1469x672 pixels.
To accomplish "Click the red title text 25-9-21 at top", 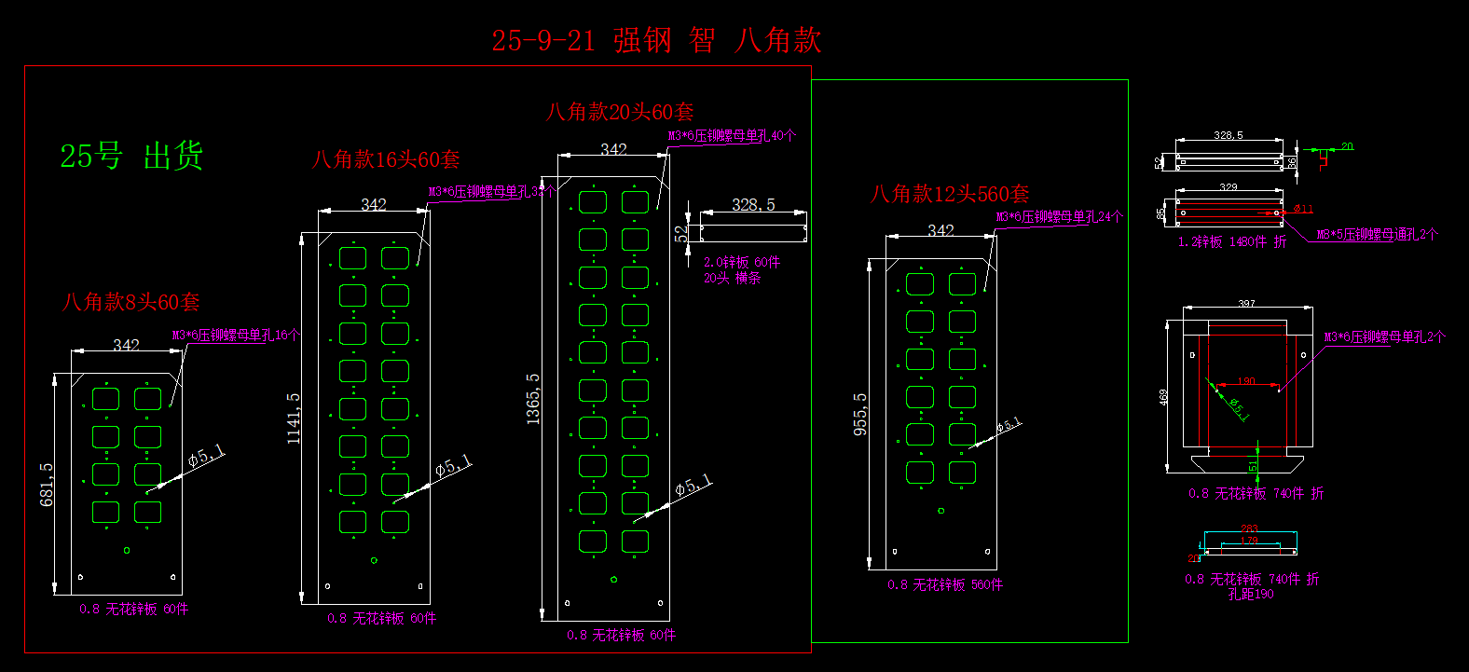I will point(542,41).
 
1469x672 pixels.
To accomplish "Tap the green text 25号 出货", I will point(131,156).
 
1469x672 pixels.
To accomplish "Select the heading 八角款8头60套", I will point(130,302).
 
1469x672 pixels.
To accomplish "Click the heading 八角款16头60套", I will point(386,159).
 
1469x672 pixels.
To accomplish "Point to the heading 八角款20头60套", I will point(620,112).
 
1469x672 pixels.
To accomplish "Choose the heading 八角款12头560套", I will point(950,194).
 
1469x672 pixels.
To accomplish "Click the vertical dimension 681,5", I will point(47,485).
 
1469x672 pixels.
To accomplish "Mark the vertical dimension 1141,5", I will point(294,418).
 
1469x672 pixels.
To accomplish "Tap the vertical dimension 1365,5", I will point(533,399).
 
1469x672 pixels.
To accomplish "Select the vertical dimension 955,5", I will point(860,414).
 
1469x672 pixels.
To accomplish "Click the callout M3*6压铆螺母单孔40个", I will point(732,135).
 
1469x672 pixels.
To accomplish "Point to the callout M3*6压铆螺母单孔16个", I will point(236,335).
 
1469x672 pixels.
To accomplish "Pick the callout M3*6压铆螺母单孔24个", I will point(1059,217).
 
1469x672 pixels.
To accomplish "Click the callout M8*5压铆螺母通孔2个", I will point(1377,235).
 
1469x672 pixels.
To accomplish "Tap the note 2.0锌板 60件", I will point(742,263).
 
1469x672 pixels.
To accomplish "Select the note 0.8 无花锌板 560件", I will point(945,584).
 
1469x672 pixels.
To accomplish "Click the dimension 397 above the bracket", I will point(1246,304).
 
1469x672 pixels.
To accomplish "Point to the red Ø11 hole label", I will point(1303,209).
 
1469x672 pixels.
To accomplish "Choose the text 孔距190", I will point(1250,594).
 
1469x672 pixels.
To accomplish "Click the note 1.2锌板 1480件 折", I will point(1231,241).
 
